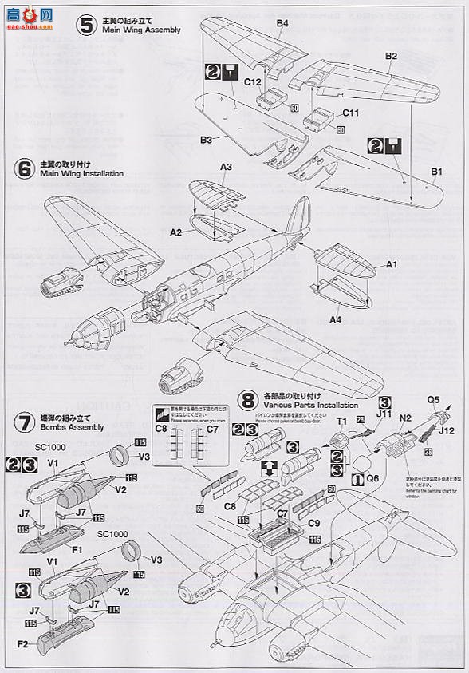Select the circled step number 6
pyautogui.click(x=23, y=168)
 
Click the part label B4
pyautogui.click(x=281, y=24)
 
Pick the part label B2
pyautogui.click(x=391, y=56)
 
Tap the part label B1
pyautogui.click(x=436, y=171)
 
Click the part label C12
pyautogui.click(x=252, y=82)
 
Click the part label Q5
pyautogui.click(x=433, y=400)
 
